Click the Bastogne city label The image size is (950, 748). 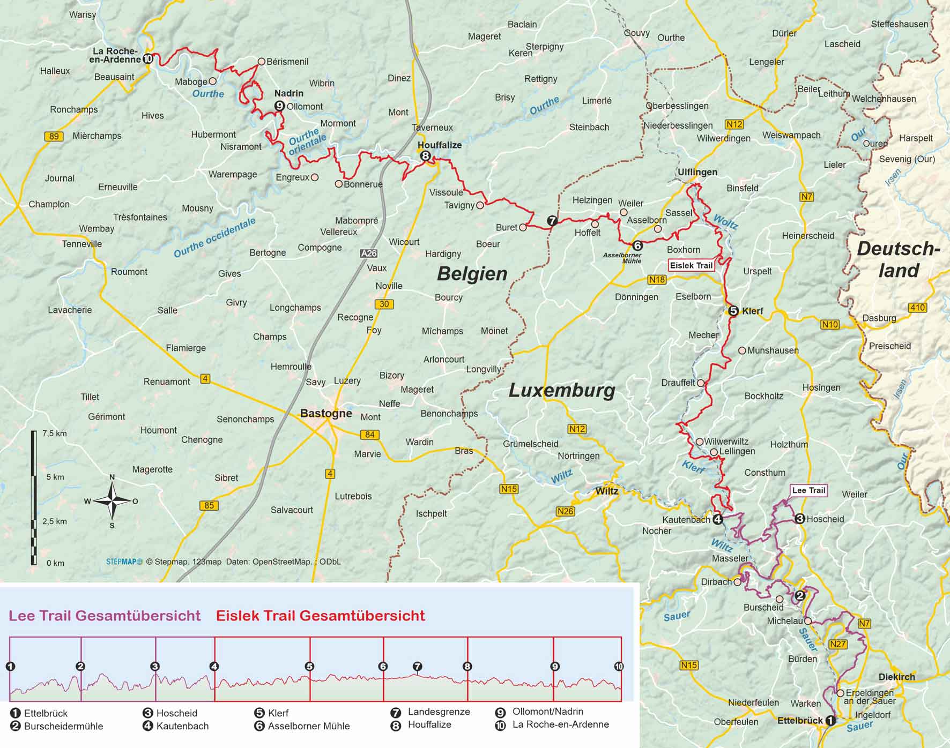tap(326, 413)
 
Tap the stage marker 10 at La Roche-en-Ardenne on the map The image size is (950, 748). tap(148, 59)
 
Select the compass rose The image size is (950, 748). tap(112, 501)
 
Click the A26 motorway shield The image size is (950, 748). tap(369, 253)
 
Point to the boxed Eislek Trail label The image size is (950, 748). tap(691, 265)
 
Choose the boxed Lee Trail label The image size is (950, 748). tap(808, 490)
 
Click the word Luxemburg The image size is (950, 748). tap(561, 390)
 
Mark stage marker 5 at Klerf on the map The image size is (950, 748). tap(734, 311)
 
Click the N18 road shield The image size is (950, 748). tap(657, 280)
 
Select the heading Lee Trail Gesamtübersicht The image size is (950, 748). tap(105, 616)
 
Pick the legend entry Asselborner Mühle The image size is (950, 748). tap(308, 726)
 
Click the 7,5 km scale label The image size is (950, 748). tap(55, 433)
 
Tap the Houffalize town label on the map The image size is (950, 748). tap(440, 145)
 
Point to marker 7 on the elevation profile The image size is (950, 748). tap(418, 666)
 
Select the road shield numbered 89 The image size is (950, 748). tap(54, 136)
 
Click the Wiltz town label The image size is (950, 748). tap(607, 491)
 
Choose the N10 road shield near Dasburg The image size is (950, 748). tap(830, 325)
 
